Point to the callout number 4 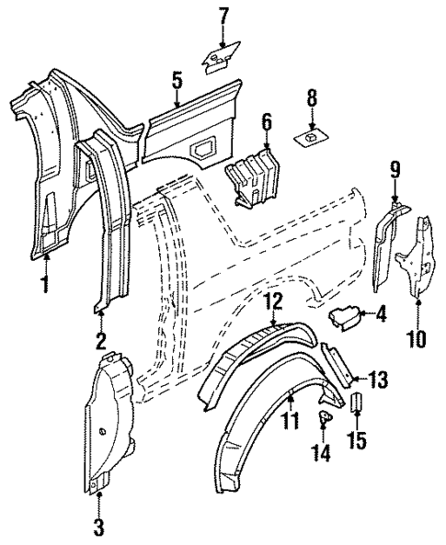coord(383,313)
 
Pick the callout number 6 coord(267,121)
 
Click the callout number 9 coord(395,169)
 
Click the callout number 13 coord(378,378)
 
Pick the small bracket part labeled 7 coord(218,59)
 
